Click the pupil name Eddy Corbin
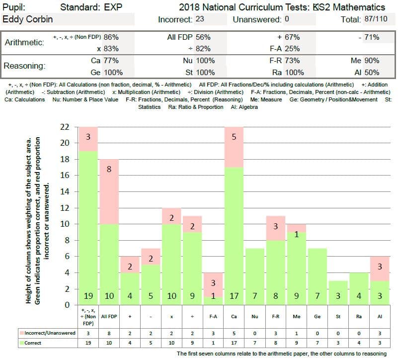[x=28, y=19]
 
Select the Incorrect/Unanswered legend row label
[x=47, y=333]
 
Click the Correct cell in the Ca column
[x=234, y=343]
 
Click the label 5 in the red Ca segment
[x=234, y=137]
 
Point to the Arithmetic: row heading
[x=24, y=42]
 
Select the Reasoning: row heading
[x=24, y=66]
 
